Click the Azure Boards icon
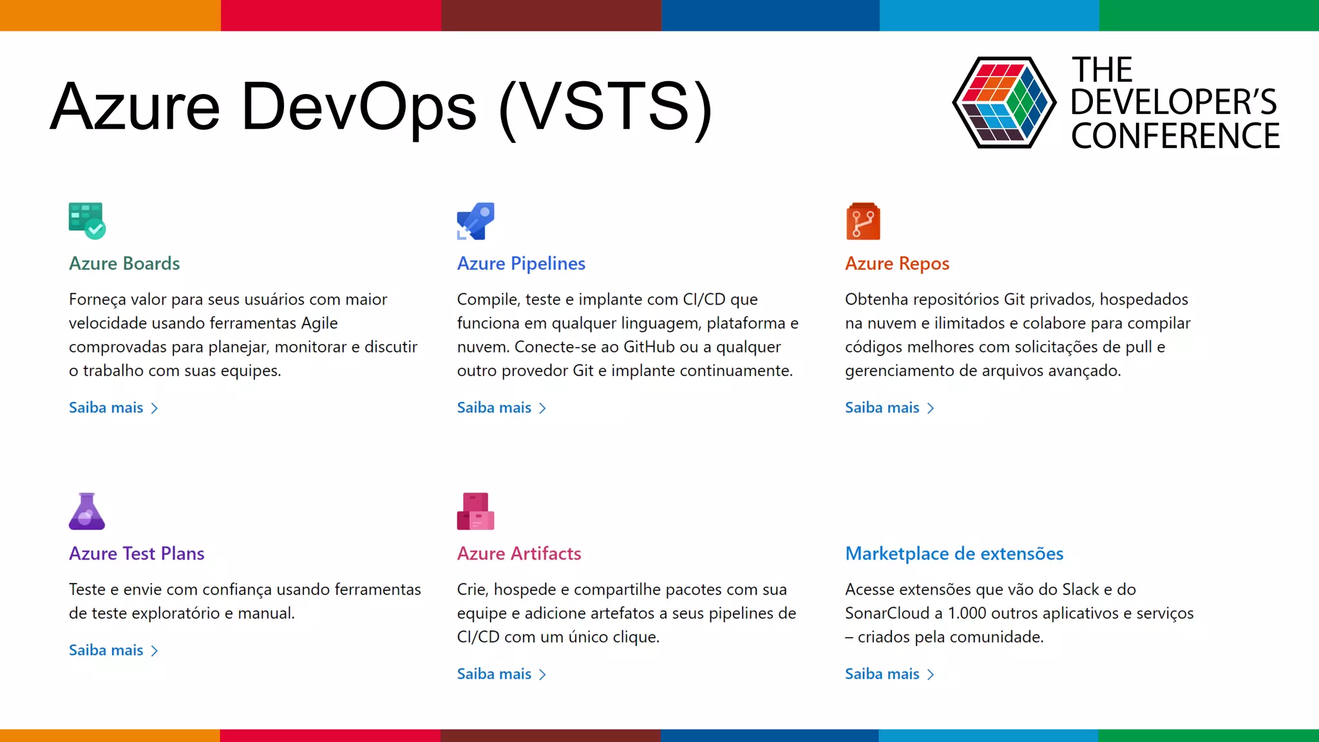coord(87,221)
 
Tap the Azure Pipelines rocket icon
coord(475,221)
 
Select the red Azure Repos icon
coord(863,222)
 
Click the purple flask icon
coord(87,511)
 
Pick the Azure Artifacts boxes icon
coord(475,511)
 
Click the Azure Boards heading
coord(124,263)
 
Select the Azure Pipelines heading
coord(521,263)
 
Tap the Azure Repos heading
coord(897,263)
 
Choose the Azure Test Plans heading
coord(137,554)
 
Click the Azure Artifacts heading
coord(519,554)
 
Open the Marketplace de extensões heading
coord(954,554)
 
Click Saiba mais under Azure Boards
coord(113,408)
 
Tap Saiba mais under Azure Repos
coord(889,408)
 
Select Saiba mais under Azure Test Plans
coord(113,651)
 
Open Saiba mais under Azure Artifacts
coord(501,674)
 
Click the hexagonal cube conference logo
coord(1004,103)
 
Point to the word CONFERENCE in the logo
coord(1175,136)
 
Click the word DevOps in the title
coord(359,107)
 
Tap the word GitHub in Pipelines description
coord(649,347)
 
